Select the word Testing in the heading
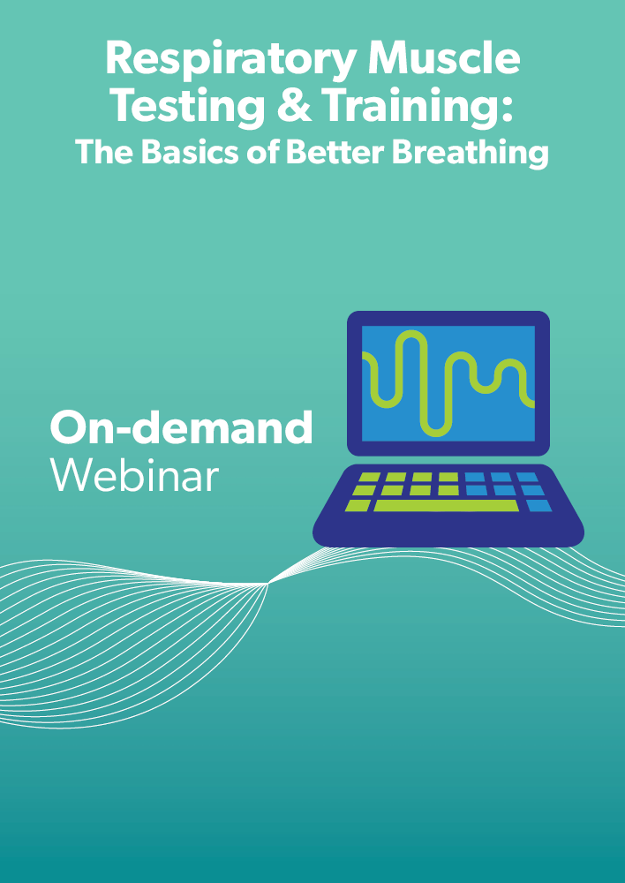pyautogui.click(x=189, y=108)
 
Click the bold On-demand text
pyautogui.click(x=181, y=427)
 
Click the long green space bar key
pyautogui.click(x=446, y=505)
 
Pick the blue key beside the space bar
pyautogui.click(x=538, y=505)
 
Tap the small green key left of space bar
pyautogui.click(x=358, y=505)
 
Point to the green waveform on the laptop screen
pyautogui.click(x=448, y=383)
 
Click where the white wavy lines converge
pyautogui.click(x=267, y=584)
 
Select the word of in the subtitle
pyautogui.click(x=265, y=152)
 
